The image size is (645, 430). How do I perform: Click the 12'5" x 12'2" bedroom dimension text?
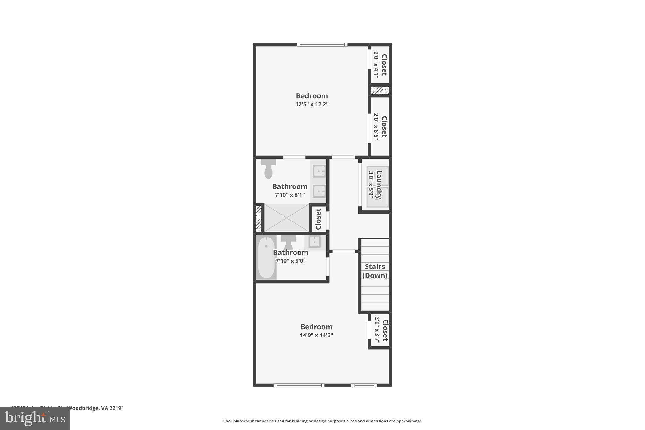click(312, 104)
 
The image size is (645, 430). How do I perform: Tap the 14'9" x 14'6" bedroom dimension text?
click(316, 335)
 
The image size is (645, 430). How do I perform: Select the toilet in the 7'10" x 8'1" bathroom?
click(268, 169)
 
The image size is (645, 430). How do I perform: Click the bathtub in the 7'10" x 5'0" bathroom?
click(266, 257)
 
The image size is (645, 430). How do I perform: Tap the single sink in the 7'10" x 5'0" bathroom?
click(314, 242)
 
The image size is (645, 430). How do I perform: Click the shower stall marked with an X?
click(286, 218)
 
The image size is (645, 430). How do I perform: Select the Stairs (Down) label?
click(375, 271)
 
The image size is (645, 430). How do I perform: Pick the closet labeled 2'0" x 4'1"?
click(380, 65)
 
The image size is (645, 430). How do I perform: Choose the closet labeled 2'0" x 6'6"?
click(380, 127)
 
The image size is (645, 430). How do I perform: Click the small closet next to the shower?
click(318, 219)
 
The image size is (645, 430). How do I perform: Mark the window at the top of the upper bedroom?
click(322, 45)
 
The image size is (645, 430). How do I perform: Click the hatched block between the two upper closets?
click(380, 90)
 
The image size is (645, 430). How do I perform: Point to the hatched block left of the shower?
click(259, 218)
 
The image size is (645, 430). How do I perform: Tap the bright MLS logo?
click(35, 418)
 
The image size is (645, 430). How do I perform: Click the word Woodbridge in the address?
click(83, 408)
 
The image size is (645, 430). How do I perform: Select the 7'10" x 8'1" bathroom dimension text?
click(290, 195)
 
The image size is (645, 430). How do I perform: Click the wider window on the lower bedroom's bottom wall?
click(299, 385)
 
